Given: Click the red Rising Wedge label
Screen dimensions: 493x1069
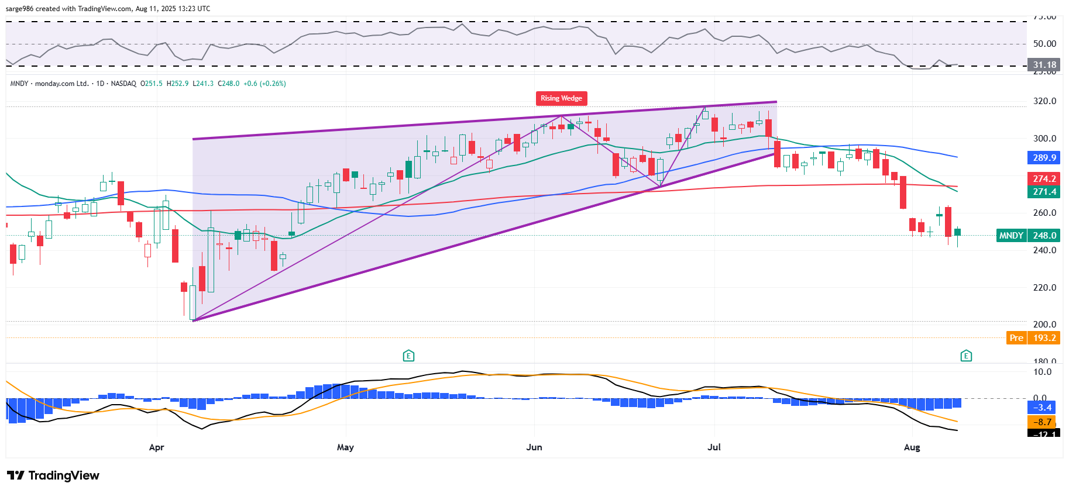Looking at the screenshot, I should (561, 98).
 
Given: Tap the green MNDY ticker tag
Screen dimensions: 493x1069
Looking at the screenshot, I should (1011, 236).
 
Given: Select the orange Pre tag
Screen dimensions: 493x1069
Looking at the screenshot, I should (1016, 338).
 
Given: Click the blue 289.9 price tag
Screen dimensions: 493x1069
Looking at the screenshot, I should (1044, 158).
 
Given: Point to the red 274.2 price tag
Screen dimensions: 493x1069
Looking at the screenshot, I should (1044, 179).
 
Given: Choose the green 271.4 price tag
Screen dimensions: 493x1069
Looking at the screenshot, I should (1044, 192).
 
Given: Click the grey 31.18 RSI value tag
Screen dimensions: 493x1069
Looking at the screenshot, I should (1044, 65).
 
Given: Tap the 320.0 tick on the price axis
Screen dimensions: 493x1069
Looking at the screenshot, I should (1044, 101).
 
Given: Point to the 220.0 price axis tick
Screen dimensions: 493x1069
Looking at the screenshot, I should (1044, 288).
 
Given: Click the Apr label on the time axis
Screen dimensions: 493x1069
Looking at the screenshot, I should (156, 447).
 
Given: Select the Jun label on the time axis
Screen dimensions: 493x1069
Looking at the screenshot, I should (534, 447).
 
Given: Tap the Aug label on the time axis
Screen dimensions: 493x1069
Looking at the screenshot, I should (912, 447).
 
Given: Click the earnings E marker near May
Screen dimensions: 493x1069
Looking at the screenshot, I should (408, 356).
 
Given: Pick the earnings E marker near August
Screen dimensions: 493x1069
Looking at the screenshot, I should (966, 356).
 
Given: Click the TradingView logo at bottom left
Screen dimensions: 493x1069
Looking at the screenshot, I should (53, 475).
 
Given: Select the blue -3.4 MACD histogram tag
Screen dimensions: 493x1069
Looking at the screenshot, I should (1044, 408).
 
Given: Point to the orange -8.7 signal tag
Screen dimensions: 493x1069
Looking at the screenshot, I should (1044, 422).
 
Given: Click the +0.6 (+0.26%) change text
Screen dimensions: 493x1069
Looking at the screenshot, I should (265, 84).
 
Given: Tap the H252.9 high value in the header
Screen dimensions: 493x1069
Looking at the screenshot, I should (177, 84).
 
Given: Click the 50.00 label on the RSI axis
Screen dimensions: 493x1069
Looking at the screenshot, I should (1044, 44).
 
